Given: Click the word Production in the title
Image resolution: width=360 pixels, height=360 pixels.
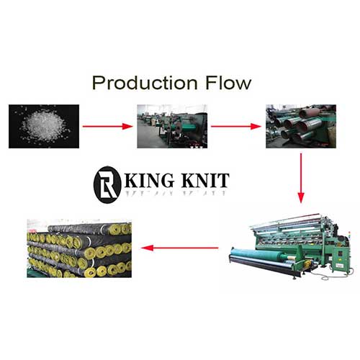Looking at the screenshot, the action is pos(145,83).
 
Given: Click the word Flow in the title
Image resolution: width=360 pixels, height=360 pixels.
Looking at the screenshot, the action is pos(228,83).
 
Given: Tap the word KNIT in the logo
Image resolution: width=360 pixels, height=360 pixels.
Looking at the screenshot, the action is pos(206,180).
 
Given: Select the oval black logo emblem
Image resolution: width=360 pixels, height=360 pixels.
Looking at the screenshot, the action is pos(107,185).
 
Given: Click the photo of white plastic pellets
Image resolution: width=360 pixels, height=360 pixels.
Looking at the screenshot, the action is pos(44,126).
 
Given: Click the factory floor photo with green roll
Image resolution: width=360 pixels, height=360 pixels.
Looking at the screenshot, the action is pos(172,126).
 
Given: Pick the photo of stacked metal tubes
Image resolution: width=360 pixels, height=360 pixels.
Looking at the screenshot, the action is pos(301,126).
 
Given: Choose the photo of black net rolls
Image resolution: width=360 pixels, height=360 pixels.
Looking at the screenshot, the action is pos(79,248).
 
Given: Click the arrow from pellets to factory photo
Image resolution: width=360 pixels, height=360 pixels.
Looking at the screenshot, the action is pos(107,126).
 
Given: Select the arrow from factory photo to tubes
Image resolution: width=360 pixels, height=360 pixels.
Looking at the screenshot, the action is pos(236,126).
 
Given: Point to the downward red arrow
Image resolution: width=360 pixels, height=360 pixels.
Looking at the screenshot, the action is pos(301,178).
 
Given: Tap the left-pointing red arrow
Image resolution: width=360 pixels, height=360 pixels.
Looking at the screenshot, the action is pos(180,248).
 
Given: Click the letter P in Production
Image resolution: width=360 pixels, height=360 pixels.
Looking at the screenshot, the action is pos(99,83).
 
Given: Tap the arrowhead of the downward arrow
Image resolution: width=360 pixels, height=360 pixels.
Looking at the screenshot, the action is pos(301,198).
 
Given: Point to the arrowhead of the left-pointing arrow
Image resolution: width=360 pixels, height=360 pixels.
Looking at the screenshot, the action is pos(147,248).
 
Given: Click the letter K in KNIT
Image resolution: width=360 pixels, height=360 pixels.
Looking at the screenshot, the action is pos(188,180).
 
